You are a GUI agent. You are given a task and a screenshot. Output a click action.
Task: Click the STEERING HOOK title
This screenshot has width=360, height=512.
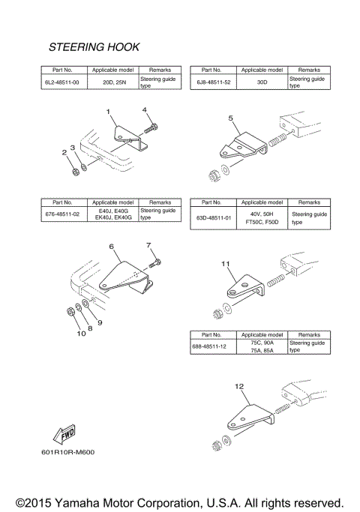pos(94,47)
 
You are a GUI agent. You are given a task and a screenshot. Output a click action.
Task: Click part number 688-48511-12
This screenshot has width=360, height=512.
pos(213,346)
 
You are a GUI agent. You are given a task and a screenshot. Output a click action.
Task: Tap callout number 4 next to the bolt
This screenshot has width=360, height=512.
pos(145,110)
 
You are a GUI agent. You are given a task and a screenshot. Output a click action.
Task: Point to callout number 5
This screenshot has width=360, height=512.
pos(231,118)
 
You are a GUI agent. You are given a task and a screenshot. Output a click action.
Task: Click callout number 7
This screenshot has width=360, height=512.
pos(148,245)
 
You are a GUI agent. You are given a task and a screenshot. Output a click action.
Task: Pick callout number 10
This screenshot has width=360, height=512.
pos(80,334)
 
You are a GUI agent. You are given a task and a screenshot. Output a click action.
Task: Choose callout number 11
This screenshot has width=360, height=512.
pos(225,265)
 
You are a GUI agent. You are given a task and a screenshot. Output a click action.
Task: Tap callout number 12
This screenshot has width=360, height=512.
pos(239,387)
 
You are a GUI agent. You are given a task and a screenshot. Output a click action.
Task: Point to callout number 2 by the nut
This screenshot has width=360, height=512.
pos(64,152)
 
